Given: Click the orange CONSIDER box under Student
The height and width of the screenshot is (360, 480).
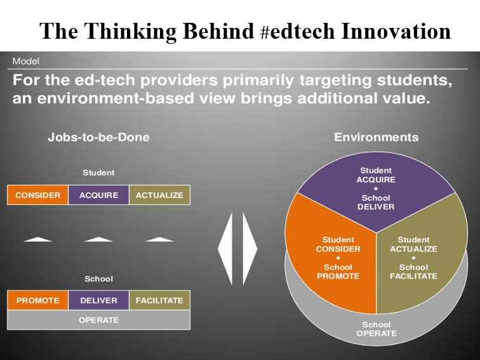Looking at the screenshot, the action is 37,195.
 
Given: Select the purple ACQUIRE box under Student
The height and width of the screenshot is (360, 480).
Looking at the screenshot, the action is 98,195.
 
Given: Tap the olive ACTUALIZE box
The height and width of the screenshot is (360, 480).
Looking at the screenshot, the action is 159,195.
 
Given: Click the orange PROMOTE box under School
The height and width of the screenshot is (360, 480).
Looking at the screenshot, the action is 37,300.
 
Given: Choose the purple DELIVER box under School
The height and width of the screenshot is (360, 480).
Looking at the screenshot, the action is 98,300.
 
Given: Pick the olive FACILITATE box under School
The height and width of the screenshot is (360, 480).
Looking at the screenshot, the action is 159,300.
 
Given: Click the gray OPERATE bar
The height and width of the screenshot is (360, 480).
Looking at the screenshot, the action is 98,320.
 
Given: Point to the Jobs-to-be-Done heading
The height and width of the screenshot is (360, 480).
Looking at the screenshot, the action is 98,137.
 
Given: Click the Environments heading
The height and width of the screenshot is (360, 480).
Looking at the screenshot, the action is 377,137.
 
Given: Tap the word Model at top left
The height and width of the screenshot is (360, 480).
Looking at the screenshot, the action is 25,61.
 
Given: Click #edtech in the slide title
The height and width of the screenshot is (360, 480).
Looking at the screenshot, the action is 297,31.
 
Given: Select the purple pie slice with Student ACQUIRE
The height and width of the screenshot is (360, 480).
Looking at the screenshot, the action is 377,190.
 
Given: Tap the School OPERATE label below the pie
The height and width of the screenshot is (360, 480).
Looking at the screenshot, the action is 377,329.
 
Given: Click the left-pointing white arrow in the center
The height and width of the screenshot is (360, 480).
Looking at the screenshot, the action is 226,249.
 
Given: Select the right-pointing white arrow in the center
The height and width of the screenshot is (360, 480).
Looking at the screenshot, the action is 249,249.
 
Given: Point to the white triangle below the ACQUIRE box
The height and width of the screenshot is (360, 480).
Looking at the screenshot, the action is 98,239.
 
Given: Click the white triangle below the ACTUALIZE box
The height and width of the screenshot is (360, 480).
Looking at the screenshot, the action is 159,239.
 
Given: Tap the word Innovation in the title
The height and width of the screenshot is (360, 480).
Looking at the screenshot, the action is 396,31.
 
